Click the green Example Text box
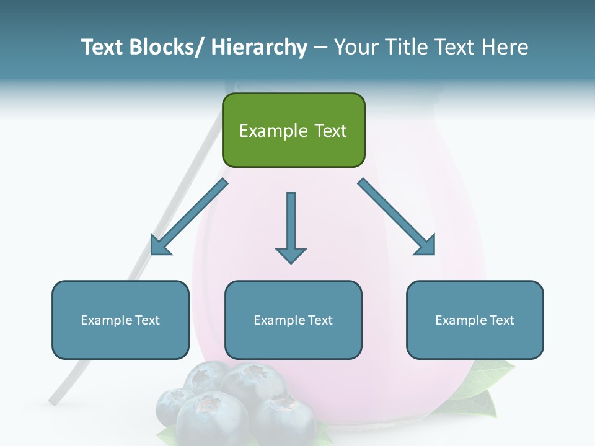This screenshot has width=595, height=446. click(x=293, y=130)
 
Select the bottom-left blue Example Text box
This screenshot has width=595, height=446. click(x=120, y=320)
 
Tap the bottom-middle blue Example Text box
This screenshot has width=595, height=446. click(x=293, y=320)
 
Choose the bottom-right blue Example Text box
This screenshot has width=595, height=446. click(x=475, y=320)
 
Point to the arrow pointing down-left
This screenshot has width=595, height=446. click(x=189, y=217)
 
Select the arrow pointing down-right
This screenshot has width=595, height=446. click(x=397, y=217)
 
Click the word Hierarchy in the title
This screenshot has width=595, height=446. click(x=259, y=47)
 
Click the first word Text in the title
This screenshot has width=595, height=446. click(x=103, y=47)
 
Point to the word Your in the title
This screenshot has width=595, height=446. click(x=355, y=47)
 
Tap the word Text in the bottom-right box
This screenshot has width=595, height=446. click(x=501, y=320)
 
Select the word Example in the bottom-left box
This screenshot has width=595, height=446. click(x=107, y=320)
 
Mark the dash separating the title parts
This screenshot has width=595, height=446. click(x=320, y=48)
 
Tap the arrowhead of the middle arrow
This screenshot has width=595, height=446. click(x=291, y=255)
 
